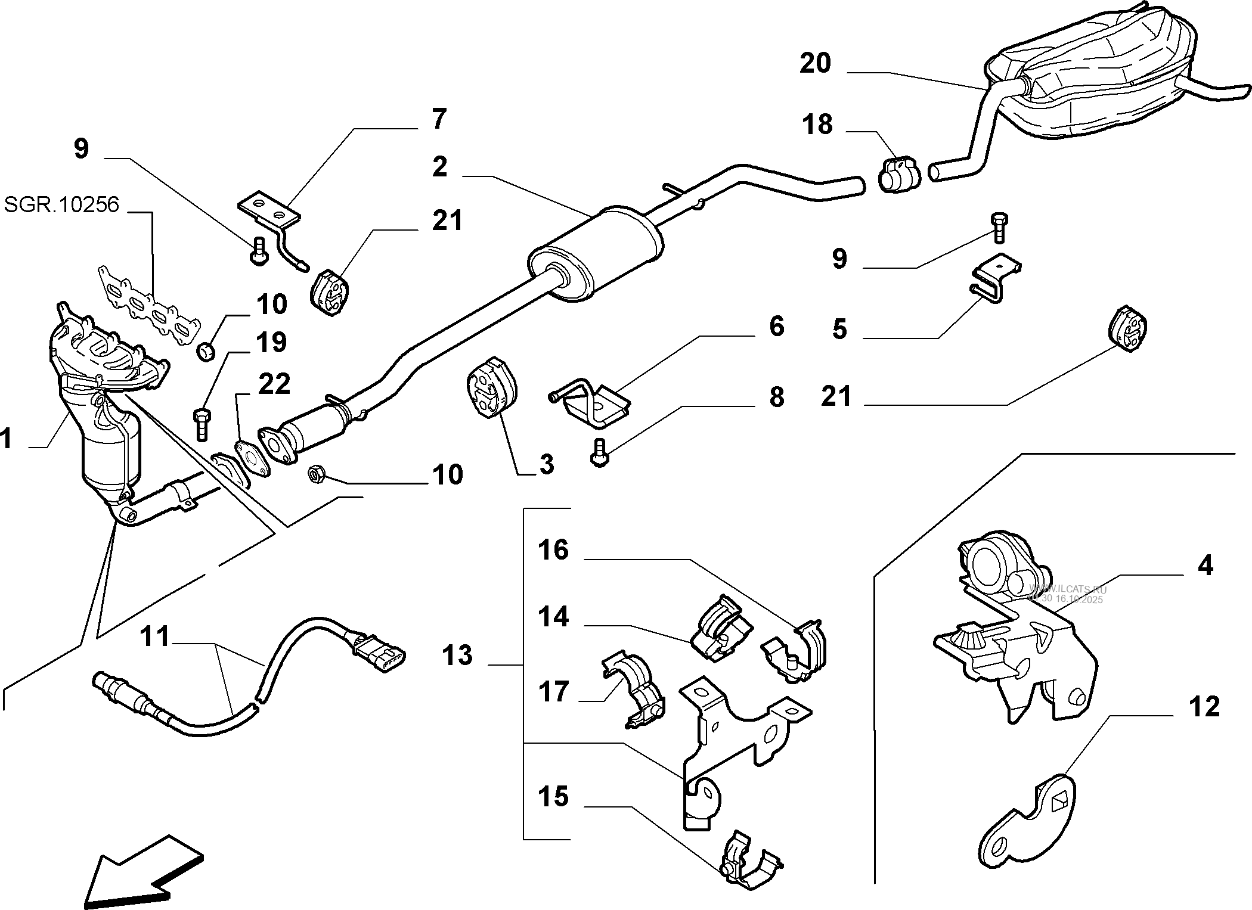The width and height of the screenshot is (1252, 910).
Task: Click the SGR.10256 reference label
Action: tap(61, 204)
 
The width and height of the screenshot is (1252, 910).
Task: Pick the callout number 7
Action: tap(439, 119)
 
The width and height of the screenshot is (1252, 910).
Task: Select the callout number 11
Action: tap(155, 636)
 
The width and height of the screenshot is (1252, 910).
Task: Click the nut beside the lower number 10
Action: tap(315, 474)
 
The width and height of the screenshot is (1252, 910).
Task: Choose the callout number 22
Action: tap(274, 384)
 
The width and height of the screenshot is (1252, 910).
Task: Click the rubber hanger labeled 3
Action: tap(491, 387)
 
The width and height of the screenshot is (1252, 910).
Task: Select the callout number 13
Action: tap(457, 656)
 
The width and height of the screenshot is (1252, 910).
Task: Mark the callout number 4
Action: tap(1205, 565)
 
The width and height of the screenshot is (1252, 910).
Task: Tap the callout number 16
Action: tap(553, 550)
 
